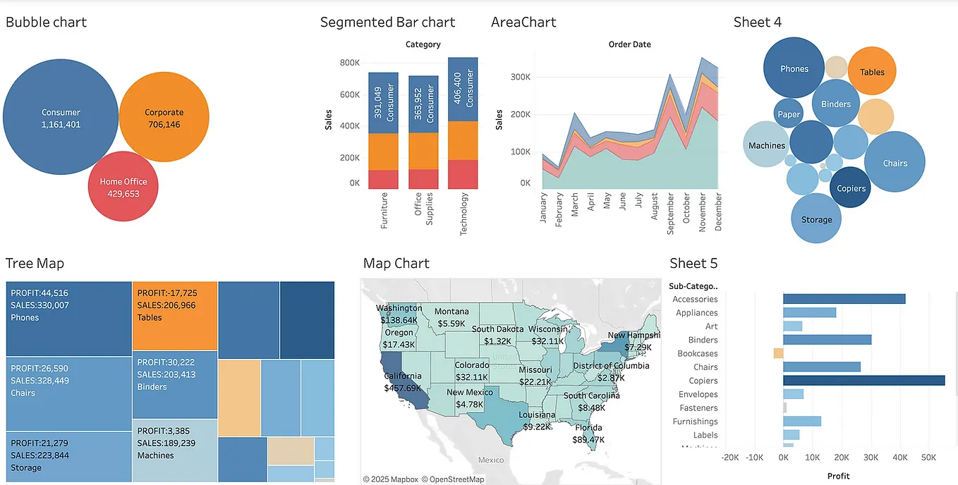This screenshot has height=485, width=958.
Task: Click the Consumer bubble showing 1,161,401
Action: click(x=61, y=118)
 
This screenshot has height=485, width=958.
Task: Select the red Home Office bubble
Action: click(x=123, y=187)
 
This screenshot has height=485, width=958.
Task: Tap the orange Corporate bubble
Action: click(x=164, y=118)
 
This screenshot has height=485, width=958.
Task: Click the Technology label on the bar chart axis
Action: click(x=463, y=214)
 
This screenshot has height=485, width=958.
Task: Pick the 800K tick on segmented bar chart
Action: click(x=349, y=63)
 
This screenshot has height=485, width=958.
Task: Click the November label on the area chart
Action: click(x=702, y=212)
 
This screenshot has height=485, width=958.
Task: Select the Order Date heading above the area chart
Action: click(x=629, y=44)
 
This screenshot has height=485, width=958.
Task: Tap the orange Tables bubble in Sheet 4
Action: click(x=872, y=71)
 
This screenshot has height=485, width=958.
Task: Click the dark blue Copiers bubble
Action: click(x=851, y=188)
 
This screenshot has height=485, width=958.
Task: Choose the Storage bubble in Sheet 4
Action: click(x=816, y=219)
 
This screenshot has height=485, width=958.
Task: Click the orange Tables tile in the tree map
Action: click(x=175, y=315)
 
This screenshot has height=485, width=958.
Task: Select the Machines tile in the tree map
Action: click(x=175, y=450)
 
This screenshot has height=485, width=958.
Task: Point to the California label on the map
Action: click(x=403, y=376)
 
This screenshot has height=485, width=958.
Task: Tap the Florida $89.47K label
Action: click(x=588, y=434)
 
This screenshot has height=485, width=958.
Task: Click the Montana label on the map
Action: click(x=451, y=312)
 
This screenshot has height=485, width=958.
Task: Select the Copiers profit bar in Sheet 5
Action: click(x=863, y=381)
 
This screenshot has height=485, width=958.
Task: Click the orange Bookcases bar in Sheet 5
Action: click(x=778, y=353)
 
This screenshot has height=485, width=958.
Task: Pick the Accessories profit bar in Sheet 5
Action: click(x=844, y=299)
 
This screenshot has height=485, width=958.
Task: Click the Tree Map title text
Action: click(x=35, y=264)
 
